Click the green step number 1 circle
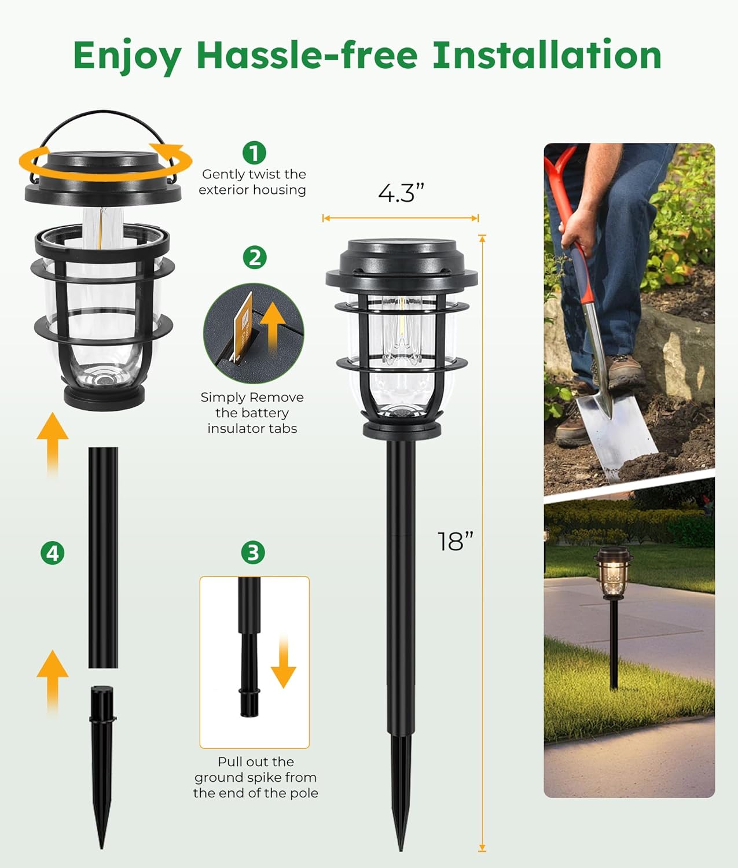pyautogui.click(x=254, y=153)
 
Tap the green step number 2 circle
pyautogui.click(x=254, y=257)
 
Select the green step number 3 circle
pyautogui.click(x=253, y=553)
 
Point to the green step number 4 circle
pyautogui.click(x=53, y=553)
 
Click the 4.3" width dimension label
pyautogui.click(x=401, y=193)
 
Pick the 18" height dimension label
pyautogui.click(x=456, y=542)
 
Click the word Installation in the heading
pyautogui.click(x=547, y=56)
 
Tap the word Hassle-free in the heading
pyautogui.click(x=307, y=56)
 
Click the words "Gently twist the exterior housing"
pyautogui.click(x=252, y=182)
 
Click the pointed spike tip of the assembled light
pyautogui.click(x=401, y=833)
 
